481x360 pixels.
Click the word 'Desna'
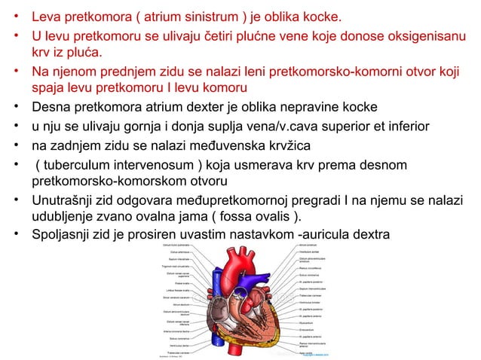pyautogui.click(x=51, y=107)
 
